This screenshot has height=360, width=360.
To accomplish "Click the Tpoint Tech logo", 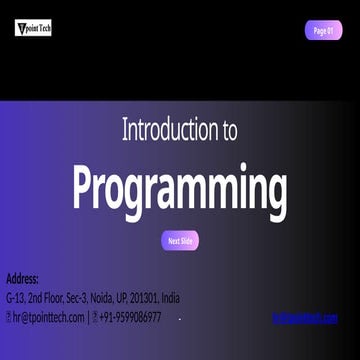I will (x=33, y=28).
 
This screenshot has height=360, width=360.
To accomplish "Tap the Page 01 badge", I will (x=323, y=30).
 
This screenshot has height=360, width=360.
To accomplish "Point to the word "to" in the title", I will (x=228, y=129).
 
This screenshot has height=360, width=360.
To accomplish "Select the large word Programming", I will (x=180, y=187).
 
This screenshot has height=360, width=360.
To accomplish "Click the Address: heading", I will (x=22, y=278).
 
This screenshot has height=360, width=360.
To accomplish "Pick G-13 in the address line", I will (x=16, y=298).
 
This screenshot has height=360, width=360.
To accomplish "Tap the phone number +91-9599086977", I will (x=130, y=317).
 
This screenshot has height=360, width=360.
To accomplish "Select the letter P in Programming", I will (x=87, y=187).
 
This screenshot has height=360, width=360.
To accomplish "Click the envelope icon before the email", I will (x=9, y=317).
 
